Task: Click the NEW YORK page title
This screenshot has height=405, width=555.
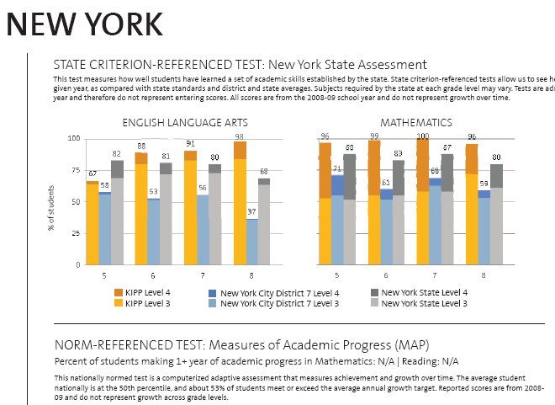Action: tap(84, 24)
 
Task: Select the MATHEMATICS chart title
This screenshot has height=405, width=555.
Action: tap(415, 123)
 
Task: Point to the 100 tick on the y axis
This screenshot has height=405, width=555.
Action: tap(73, 138)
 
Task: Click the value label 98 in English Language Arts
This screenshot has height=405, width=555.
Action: tap(240, 137)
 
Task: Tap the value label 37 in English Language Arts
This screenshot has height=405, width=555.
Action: tap(252, 211)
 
